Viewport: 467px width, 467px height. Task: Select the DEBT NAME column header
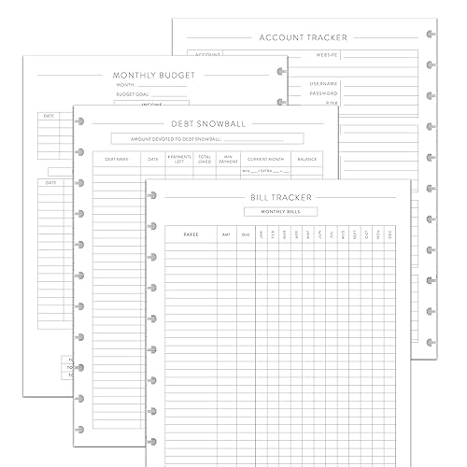pyautogui.click(x=117, y=160)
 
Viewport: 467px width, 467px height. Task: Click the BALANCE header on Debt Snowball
pyautogui.click(x=307, y=160)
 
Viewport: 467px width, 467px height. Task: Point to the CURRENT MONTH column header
pyautogui.click(x=266, y=160)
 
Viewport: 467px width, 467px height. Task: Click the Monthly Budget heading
pyautogui.click(x=149, y=75)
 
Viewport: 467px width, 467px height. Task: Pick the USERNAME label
pyautogui.click(x=323, y=84)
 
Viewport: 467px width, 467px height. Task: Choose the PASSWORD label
pyautogui.click(x=323, y=94)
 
